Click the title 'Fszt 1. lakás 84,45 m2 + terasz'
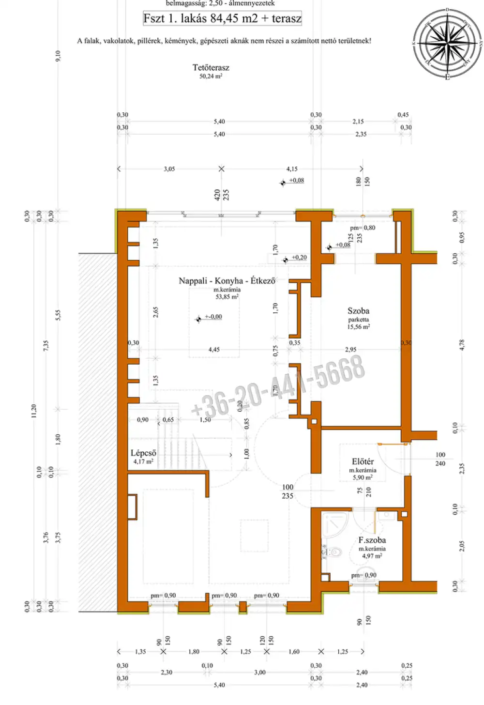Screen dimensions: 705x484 click(x=222, y=18)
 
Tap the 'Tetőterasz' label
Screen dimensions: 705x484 click(x=211, y=68)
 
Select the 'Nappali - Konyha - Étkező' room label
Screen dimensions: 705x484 click(x=227, y=281)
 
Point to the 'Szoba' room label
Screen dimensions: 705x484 click(x=358, y=311)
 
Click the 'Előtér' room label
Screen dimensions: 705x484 click(x=363, y=461)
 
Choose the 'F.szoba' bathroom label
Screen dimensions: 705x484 click(x=372, y=540)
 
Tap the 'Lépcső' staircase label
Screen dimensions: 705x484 click(x=143, y=453)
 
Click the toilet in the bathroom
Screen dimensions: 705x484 click(x=333, y=552)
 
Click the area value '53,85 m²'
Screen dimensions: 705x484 click(x=227, y=297)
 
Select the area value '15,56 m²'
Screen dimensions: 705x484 click(x=358, y=327)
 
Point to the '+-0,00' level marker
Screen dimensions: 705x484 click(x=213, y=317)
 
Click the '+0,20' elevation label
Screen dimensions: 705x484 click(x=299, y=258)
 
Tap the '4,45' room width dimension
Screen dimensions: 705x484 click(x=214, y=350)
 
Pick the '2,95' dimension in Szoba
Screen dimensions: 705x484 click(x=350, y=350)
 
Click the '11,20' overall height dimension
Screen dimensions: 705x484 click(x=33, y=411)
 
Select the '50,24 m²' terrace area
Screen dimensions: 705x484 click(x=211, y=77)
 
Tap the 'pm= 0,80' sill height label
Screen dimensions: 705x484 click(x=363, y=228)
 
